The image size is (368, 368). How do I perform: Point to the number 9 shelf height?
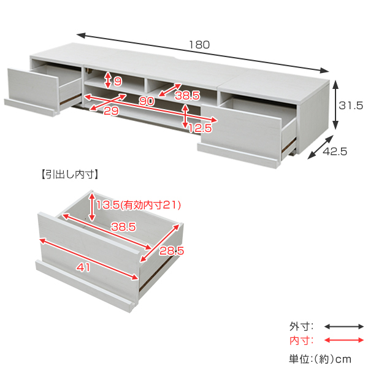(118, 81)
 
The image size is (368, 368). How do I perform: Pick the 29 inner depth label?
(110, 112)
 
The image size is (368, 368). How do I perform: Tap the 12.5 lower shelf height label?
(200, 128)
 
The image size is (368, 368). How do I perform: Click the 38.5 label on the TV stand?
(187, 96)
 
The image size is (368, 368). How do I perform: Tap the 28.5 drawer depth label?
(172, 251)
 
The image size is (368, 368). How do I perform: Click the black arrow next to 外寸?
(343, 326)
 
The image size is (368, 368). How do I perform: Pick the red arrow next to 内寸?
(343, 340)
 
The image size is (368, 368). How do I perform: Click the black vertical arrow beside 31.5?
(335, 105)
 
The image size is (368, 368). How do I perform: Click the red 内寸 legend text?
(301, 340)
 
